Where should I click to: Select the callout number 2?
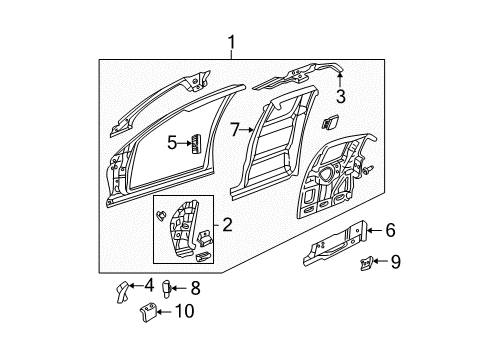tap(227, 226)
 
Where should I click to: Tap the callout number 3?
tap(340, 97)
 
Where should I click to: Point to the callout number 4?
tap(149, 287)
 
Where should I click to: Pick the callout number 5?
tap(172, 143)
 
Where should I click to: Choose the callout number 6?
tap(390, 231)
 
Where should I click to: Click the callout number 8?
tap(194, 288)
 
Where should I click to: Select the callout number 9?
tap(395, 263)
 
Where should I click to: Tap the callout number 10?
tap(183, 311)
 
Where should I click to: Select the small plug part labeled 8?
tap(168, 289)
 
